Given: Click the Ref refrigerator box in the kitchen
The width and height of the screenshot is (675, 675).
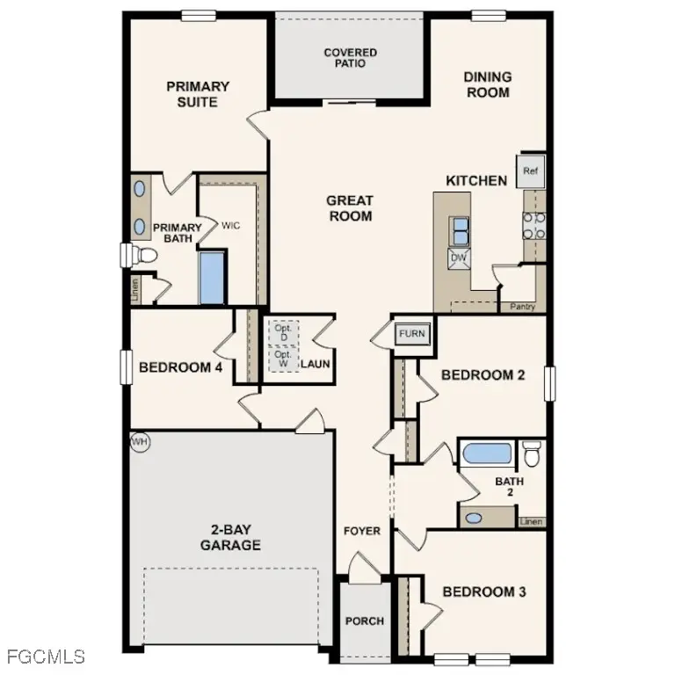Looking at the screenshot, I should [530, 171].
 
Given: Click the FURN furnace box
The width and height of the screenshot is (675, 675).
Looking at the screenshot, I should [411, 334].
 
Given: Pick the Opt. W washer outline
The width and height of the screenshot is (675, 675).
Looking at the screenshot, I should [283, 359].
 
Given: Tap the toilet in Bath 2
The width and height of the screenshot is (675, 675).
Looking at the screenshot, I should [532, 454].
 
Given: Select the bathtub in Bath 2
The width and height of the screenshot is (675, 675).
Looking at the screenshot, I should [487, 454].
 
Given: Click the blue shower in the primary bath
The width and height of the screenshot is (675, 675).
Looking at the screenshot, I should [213, 278].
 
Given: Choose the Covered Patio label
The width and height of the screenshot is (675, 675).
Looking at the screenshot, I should [350, 59].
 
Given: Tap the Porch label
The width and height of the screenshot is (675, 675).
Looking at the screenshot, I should [364, 621].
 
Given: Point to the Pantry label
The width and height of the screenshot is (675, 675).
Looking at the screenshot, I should [522, 307].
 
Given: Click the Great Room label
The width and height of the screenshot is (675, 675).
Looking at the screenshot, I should [351, 208].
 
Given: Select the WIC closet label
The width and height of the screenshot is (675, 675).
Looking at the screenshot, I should [231, 226].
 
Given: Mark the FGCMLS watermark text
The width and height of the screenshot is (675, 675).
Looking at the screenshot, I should [45, 656].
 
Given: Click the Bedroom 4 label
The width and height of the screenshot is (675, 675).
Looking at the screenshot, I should [180, 367].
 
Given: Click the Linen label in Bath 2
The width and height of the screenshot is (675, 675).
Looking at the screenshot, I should [531, 521].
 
